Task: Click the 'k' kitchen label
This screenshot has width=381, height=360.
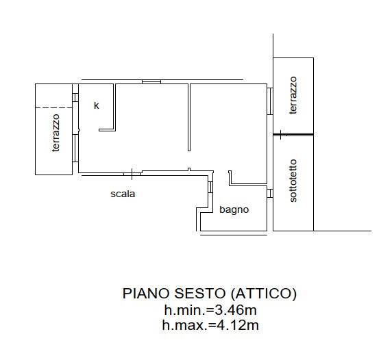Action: coord(97,105)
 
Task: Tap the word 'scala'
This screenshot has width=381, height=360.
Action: coord(123,194)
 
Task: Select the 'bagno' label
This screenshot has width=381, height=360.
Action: coord(234,209)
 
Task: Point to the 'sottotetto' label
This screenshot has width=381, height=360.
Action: coord(293,181)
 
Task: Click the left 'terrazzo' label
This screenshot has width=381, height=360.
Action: coord(56,133)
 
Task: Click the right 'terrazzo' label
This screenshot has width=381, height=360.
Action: coord(293,95)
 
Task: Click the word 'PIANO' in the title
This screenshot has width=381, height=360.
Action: coord(146,294)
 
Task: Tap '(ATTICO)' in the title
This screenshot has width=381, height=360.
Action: coord(264,294)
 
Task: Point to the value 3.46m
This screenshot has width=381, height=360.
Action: coord(236,310)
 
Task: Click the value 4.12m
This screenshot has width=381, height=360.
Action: coord(237,325)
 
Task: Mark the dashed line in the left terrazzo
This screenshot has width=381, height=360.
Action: coord(54,107)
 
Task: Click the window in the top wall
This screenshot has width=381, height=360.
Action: coord(151,82)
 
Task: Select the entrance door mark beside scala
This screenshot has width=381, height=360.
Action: coord(132,174)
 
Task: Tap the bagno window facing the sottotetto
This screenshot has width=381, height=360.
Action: coord(270,194)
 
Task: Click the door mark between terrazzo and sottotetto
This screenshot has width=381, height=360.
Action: coord(281,134)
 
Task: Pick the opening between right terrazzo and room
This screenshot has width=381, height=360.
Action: coord(270,101)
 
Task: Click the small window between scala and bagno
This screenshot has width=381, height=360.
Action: coord(210,187)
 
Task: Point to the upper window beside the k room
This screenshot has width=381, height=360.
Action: coord(75,98)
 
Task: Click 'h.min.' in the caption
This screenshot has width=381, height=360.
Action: coord(185,310)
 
